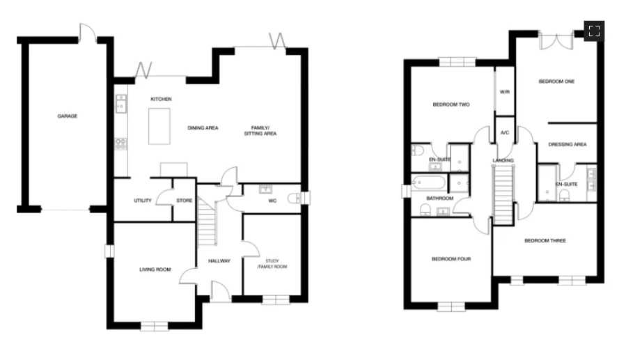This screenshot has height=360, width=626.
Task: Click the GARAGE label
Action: [67, 116]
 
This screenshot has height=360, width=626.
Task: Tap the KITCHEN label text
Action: [161, 100]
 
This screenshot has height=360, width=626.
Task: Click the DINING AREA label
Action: [203, 128]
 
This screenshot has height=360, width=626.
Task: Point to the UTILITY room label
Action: [143, 201]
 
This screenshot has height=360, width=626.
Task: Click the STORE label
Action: [184, 201]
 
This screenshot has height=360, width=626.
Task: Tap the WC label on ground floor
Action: [273, 201]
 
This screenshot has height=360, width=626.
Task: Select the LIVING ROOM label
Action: [155, 269]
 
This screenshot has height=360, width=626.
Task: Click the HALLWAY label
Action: [219, 261]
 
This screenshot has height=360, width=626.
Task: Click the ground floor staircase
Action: [205, 221]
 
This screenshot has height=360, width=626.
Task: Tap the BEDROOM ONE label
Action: [556, 82]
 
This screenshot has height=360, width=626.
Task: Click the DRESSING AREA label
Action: [567, 145]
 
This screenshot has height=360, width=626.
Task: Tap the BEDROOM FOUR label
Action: [451, 259]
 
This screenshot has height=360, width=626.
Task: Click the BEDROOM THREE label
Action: [545, 241]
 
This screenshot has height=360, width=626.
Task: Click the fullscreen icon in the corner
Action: [594, 31]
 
